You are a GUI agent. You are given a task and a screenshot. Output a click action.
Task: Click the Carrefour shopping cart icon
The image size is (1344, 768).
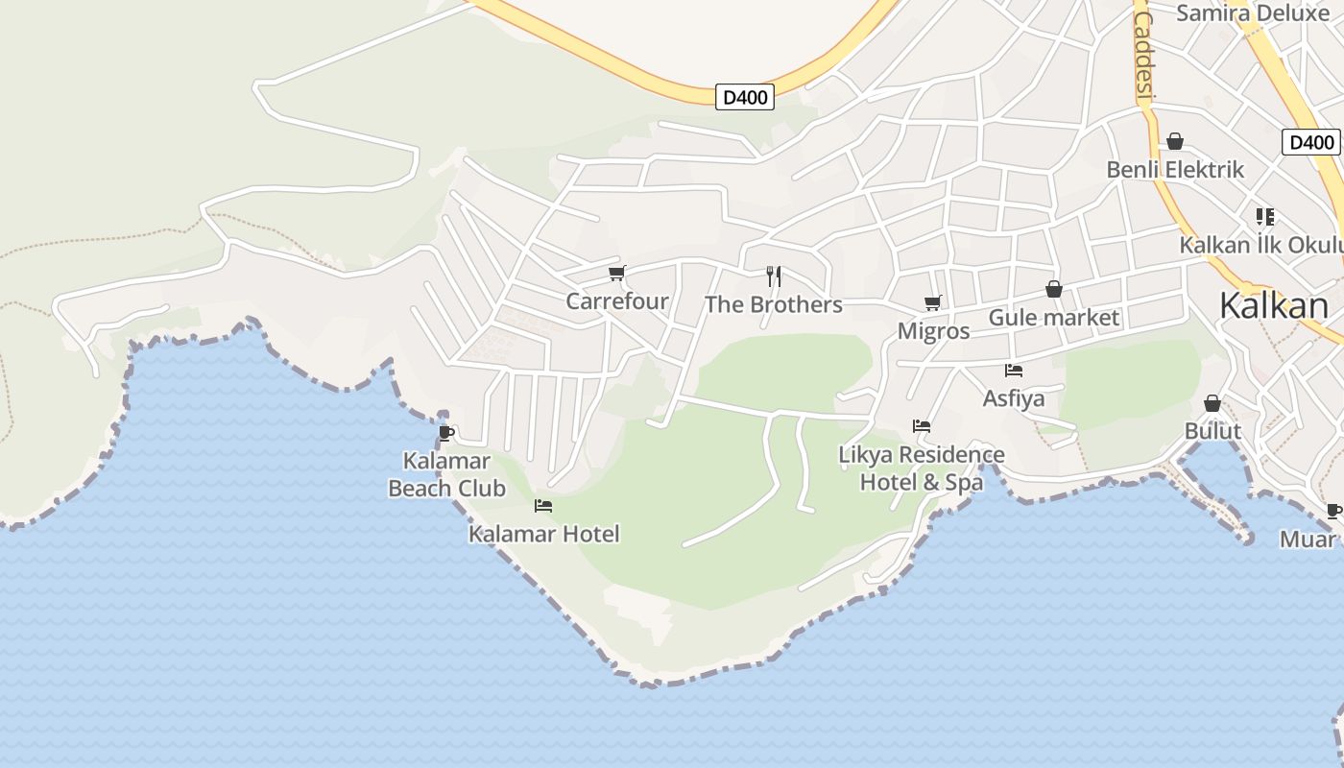(x=616, y=274)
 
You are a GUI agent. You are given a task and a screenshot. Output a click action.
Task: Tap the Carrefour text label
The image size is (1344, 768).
(x=616, y=301)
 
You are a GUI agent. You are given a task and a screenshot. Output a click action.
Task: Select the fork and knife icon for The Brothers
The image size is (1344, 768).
(x=774, y=276)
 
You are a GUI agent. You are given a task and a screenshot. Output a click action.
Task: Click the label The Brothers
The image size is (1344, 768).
(x=773, y=304)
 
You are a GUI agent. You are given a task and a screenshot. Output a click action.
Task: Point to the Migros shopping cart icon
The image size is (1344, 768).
(x=932, y=303)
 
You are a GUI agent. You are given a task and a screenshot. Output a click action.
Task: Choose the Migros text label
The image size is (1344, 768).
(x=933, y=331)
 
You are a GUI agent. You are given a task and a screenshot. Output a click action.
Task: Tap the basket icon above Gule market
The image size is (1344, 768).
(x=1054, y=289)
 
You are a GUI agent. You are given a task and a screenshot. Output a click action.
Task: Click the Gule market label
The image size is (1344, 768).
(x=1053, y=318)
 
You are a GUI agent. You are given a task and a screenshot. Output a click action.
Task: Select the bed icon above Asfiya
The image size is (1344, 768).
(x=1014, y=370)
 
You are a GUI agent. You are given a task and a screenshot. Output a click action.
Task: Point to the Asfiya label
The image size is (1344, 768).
(x=1014, y=397)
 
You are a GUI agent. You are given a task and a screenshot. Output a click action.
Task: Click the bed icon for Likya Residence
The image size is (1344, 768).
(x=922, y=425)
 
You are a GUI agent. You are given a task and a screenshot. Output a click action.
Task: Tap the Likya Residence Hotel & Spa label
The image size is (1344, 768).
(x=922, y=468)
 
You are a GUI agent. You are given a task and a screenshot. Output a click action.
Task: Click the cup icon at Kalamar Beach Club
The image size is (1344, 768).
(x=446, y=433)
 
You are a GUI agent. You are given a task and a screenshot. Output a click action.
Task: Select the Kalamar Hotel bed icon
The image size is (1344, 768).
(x=543, y=505)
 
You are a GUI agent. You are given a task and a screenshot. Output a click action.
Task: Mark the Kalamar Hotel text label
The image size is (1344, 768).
(x=543, y=534)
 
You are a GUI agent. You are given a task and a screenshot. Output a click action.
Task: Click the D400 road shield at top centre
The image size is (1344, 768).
(x=745, y=97)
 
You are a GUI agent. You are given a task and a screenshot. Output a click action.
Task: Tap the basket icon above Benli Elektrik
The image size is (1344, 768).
(x=1175, y=142)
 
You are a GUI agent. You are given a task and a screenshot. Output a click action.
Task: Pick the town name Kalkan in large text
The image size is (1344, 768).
(x=1274, y=305)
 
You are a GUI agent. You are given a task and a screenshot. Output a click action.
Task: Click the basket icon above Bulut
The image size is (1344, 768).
(x=1212, y=403)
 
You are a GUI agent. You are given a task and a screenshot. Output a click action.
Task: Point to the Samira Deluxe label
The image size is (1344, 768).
(x=1252, y=12)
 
